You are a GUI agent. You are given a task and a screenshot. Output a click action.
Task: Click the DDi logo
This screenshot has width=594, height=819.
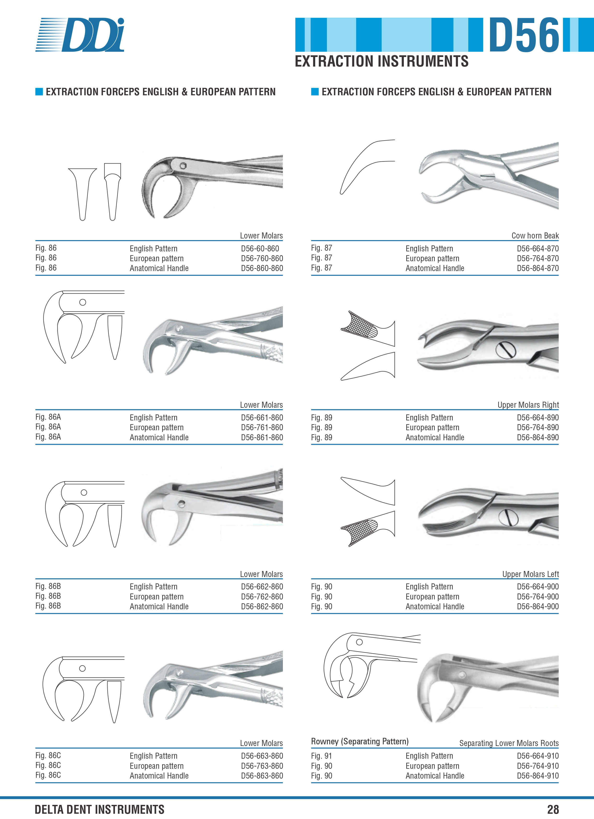click(x=80, y=35)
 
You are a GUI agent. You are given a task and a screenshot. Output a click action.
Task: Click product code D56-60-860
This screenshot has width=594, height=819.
click(x=260, y=249)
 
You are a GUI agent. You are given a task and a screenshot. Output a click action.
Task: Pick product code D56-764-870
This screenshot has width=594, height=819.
click(x=538, y=258)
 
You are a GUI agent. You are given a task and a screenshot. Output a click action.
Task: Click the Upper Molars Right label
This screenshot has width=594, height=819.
click(x=528, y=405)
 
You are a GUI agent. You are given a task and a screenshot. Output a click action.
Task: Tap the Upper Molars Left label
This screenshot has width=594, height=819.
click(x=531, y=574)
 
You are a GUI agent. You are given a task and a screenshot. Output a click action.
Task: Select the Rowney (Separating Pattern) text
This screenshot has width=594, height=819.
click(x=360, y=741)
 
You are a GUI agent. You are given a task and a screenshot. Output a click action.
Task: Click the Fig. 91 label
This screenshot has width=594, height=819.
click(x=322, y=756)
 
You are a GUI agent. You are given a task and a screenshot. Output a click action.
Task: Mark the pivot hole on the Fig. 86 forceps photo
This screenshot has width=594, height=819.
click(x=183, y=166)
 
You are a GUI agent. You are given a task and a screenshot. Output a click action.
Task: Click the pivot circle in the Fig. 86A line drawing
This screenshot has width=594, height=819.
click(x=82, y=302)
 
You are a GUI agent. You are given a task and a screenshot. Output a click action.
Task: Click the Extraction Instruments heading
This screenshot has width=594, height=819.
click(x=382, y=61)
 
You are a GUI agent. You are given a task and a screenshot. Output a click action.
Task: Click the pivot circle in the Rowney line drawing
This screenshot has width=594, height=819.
click(x=359, y=642)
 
